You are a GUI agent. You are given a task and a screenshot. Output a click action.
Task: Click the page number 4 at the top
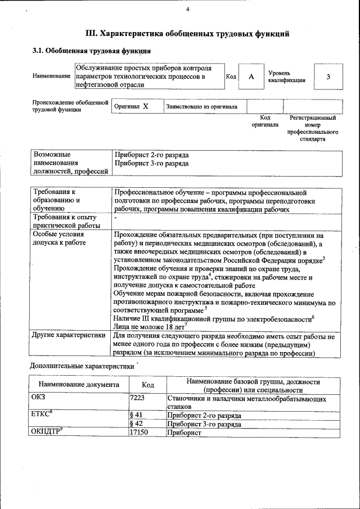[x=187, y=10]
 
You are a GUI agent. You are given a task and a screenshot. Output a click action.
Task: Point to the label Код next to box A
[x=231, y=76]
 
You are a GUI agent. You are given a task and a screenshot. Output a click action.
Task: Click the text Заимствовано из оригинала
[x=201, y=106]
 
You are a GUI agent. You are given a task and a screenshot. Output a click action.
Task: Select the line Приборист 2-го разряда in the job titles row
[x=151, y=154]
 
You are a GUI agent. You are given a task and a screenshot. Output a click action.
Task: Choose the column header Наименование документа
[x=79, y=385]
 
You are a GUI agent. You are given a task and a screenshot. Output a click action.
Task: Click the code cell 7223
[x=138, y=398]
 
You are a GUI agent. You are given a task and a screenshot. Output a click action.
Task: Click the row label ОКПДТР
[x=47, y=432]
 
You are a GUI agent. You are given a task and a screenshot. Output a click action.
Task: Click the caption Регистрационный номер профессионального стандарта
[x=312, y=128]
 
